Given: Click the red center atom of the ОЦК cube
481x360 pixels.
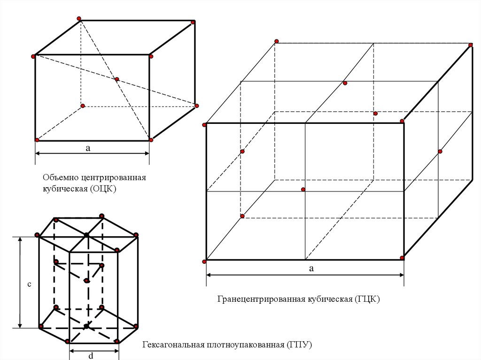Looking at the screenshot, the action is pyautogui.click(x=117, y=79).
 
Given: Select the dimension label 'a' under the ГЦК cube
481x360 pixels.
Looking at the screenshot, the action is pyautogui.click(x=310, y=268).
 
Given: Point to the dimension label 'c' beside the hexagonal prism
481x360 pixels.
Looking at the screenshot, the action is pyautogui.click(x=29, y=284).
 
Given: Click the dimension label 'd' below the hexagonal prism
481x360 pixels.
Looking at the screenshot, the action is pyautogui.click(x=91, y=356).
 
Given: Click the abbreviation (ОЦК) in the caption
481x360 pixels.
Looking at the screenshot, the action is pyautogui.click(x=101, y=189).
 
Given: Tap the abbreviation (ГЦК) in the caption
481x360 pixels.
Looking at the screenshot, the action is pyautogui.click(x=367, y=299).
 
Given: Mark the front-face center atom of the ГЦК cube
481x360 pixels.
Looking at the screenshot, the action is pyautogui.click(x=303, y=190).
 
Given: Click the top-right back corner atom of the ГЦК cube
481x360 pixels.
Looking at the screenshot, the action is pyautogui.click(x=471, y=45).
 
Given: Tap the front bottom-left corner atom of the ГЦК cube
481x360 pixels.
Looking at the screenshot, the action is pyautogui.click(x=205, y=261).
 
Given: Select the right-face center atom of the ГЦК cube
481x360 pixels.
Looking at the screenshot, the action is pyautogui.click(x=440, y=151).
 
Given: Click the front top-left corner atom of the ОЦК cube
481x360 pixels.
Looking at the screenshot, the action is pyautogui.click(x=34, y=57).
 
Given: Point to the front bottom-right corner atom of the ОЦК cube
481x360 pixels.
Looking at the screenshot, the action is pyautogui.click(x=151, y=140).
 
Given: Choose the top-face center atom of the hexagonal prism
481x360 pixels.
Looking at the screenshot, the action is pyautogui.click(x=87, y=234).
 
